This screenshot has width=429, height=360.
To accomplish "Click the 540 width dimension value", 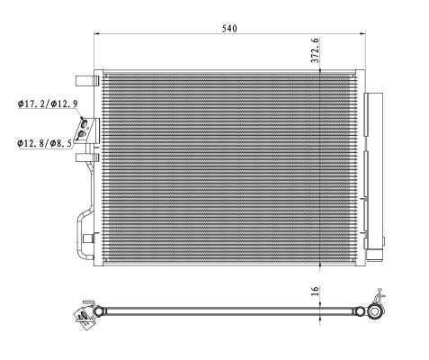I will point(229,29).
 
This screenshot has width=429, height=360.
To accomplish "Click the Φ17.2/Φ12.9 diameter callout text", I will point(49,104).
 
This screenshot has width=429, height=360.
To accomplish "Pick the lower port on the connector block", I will point(84,135).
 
